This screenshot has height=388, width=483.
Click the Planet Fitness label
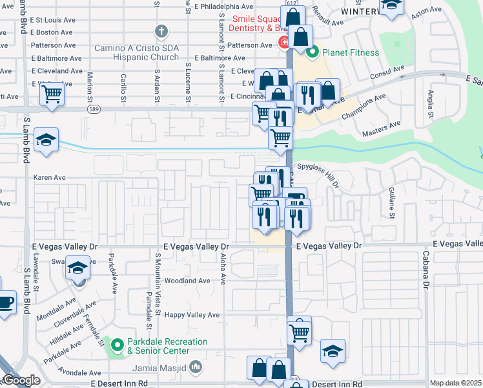349,52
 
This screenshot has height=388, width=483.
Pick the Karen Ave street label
50,177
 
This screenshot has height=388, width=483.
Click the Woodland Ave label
187,281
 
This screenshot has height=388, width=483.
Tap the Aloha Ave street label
223,269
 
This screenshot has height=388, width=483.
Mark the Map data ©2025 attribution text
456,383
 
